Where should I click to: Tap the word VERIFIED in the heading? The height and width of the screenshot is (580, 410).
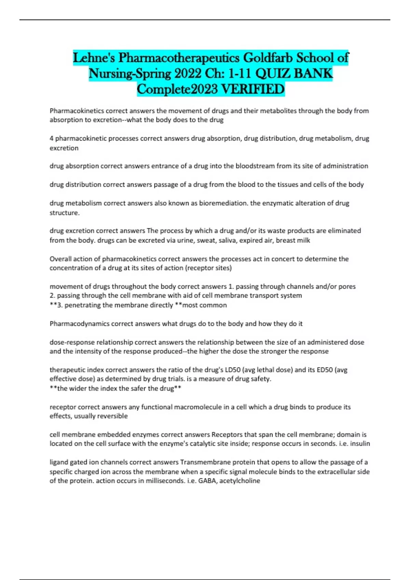click(x=253, y=89)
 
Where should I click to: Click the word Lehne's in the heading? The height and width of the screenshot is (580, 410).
click(x=94, y=58)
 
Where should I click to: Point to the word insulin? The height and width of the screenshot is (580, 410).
click(x=360, y=444)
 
